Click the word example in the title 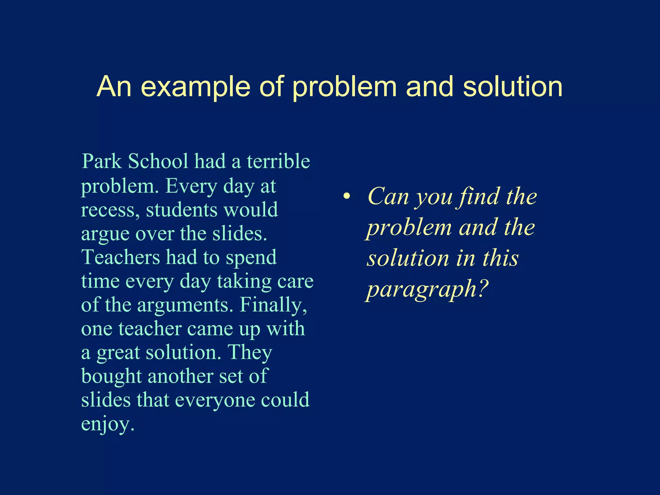(x=196, y=87)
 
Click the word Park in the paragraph (x=102, y=161)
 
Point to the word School (x=158, y=161)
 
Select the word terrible (x=278, y=161)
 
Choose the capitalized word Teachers (x=121, y=257)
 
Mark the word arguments (x=185, y=305)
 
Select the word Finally (x=273, y=305)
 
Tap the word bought (x=111, y=376)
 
